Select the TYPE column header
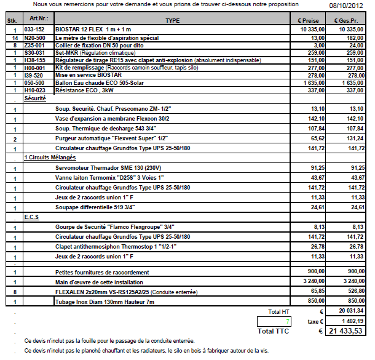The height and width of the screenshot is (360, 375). [x=173, y=20]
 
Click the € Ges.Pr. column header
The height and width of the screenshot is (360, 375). [x=350, y=20]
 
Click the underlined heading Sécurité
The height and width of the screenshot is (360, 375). [x=35, y=98]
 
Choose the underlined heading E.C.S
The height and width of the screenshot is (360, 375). [x=32, y=218]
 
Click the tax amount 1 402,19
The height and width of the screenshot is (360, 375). [x=351, y=321]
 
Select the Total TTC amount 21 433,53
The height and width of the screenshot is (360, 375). [x=346, y=330]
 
